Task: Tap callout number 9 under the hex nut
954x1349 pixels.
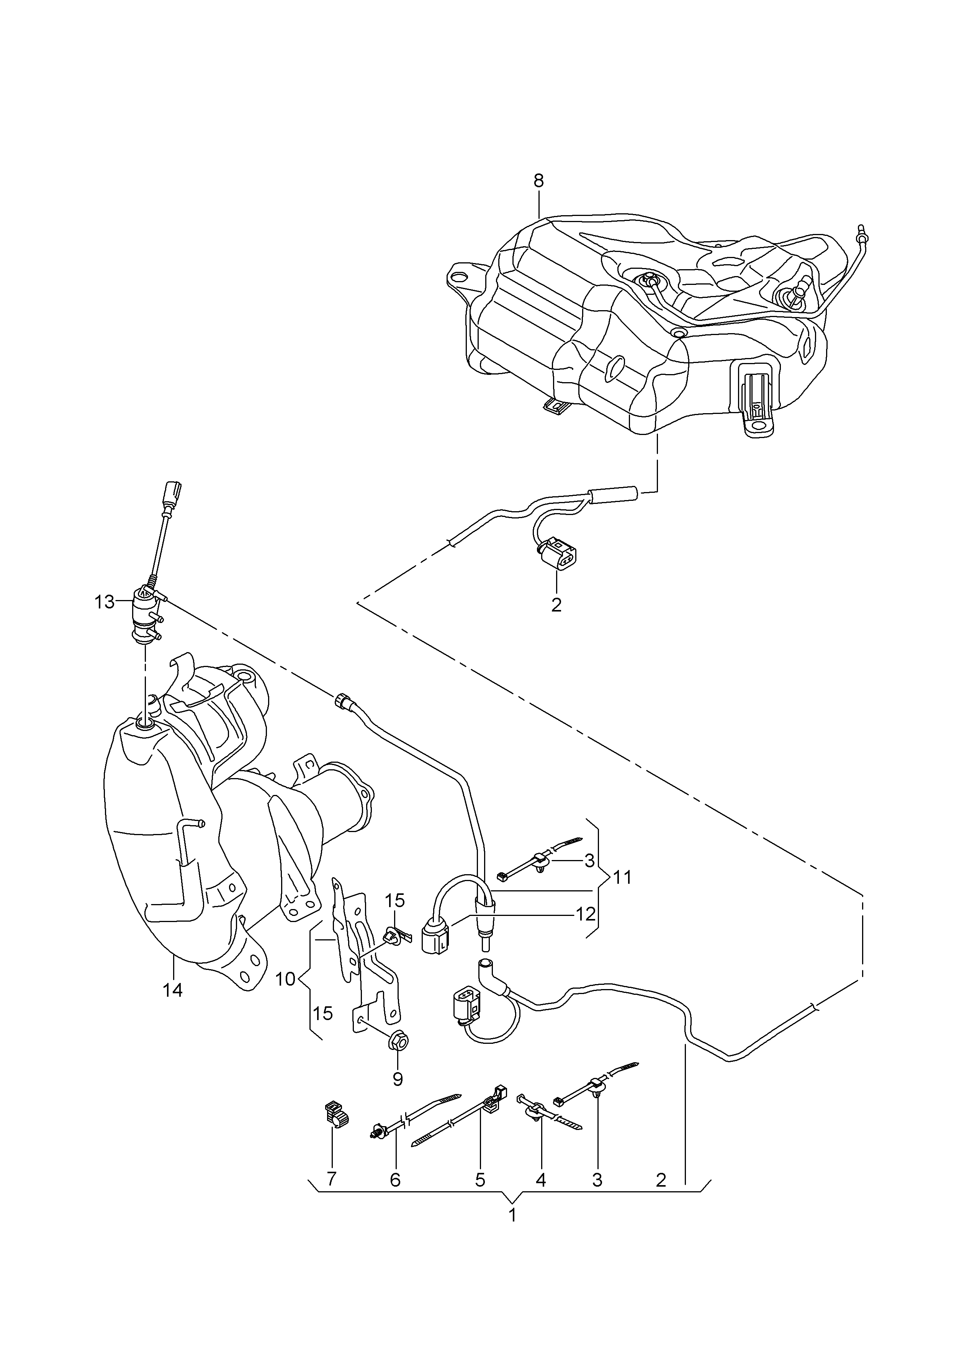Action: (x=398, y=1079)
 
